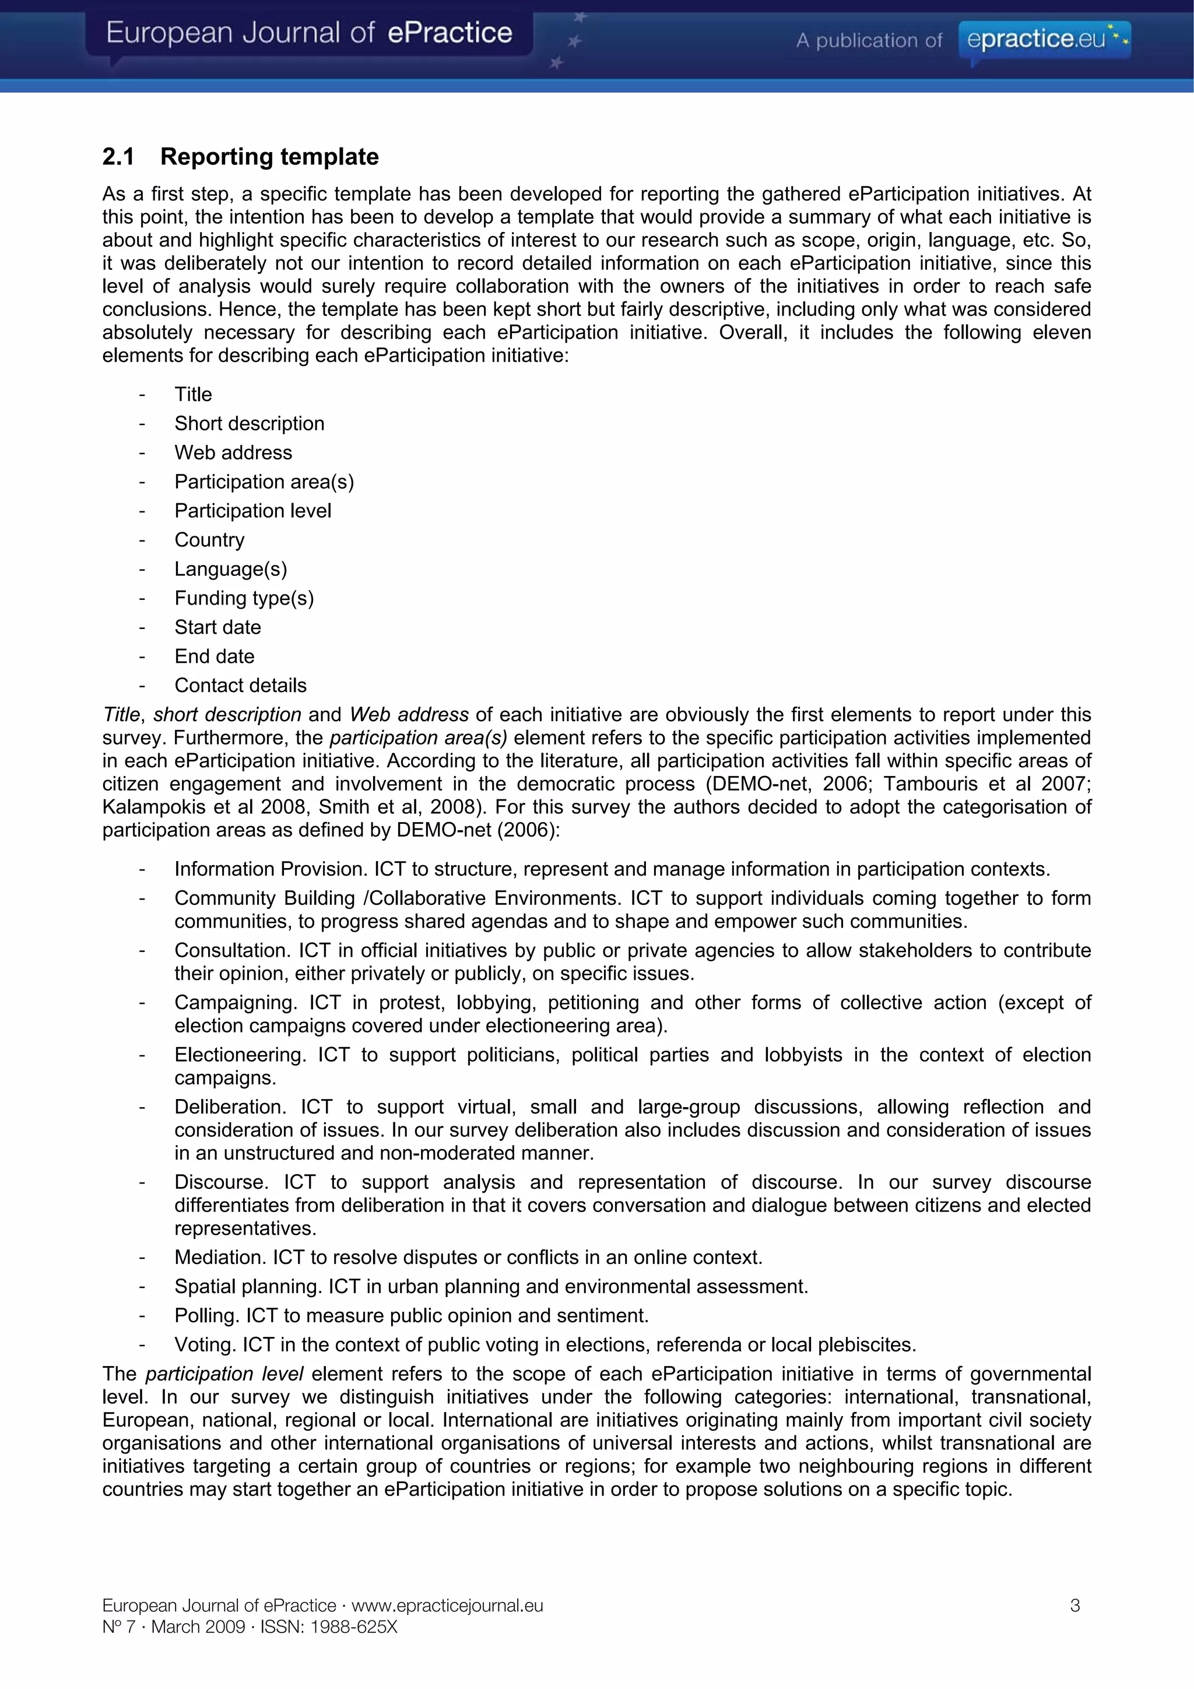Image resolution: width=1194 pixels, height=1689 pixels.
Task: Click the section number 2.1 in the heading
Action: coord(118,157)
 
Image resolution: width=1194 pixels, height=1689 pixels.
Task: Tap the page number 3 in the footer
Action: coord(1075,1605)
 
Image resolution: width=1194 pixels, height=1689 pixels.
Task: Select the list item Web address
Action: coord(233,452)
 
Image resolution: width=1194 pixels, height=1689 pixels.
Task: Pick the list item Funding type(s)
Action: coord(244,598)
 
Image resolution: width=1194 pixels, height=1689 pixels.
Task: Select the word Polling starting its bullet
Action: coord(205,1315)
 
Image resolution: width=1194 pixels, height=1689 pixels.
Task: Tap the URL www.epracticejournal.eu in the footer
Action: coord(447,1605)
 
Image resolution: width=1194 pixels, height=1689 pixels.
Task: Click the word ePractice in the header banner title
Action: coord(449,33)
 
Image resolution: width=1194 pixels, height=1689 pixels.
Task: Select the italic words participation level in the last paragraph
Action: coord(224,1374)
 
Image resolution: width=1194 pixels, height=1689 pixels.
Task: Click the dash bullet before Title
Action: coord(142,395)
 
